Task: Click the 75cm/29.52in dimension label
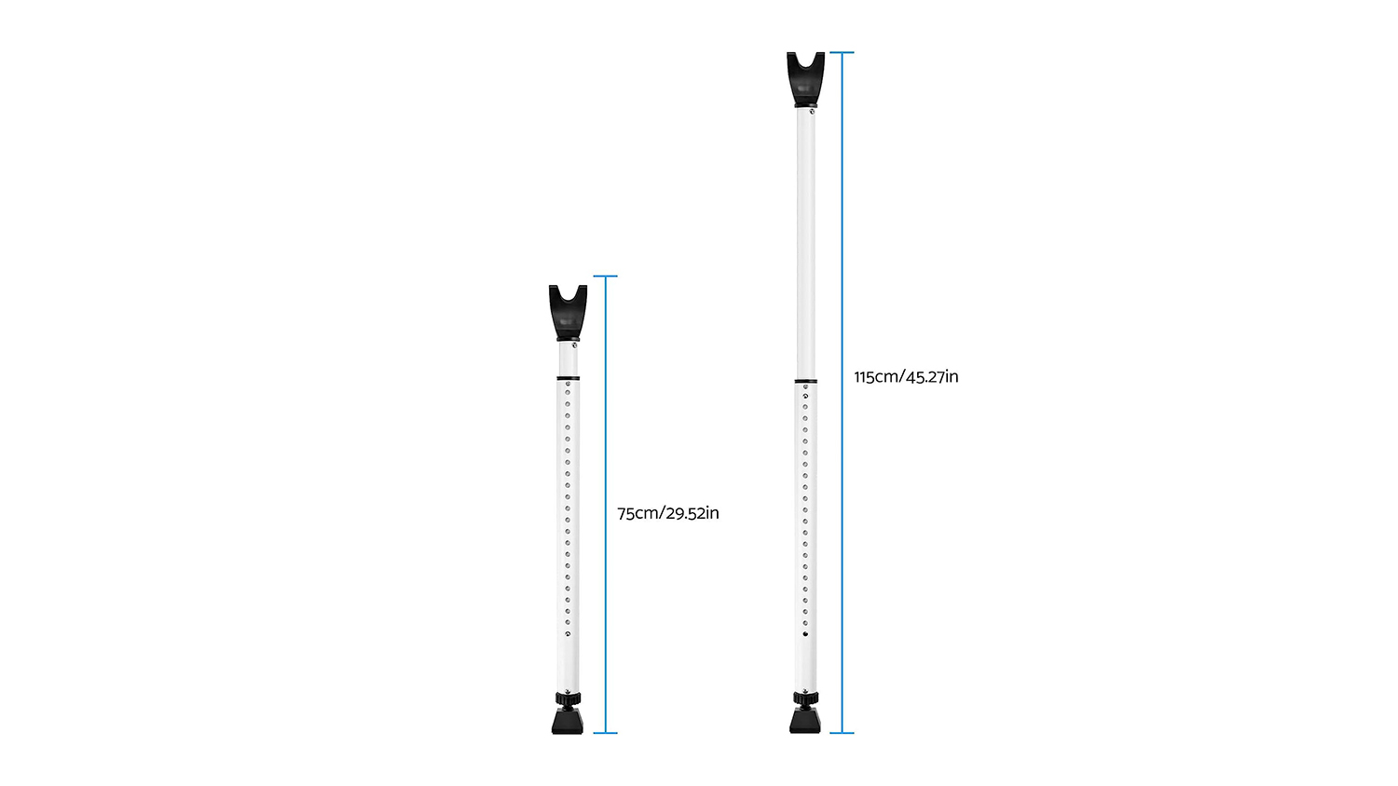click(667, 513)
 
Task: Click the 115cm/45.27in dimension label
click(906, 377)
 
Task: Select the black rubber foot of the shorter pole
click(568, 722)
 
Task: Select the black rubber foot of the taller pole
click(805, 721)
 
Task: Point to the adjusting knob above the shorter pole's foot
click(569, 698)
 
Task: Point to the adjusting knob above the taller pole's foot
click(806, 698)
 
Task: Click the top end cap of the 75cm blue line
click(606, 277)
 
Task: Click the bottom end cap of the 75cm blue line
click(606, 733)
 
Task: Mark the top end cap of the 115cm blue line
click(843, 53)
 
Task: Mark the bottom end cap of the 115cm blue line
click(843, 733)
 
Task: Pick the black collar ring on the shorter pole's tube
click(569, 378)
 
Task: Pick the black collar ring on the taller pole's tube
click(806, 381)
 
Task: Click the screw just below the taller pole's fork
click(812, 112)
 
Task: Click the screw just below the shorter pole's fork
click(574, 346)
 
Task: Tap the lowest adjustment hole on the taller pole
click(805, 635)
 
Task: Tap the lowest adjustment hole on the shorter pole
click(568, 635)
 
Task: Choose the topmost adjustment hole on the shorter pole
click(568, 384)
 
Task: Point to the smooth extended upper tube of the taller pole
click(805, 242)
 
